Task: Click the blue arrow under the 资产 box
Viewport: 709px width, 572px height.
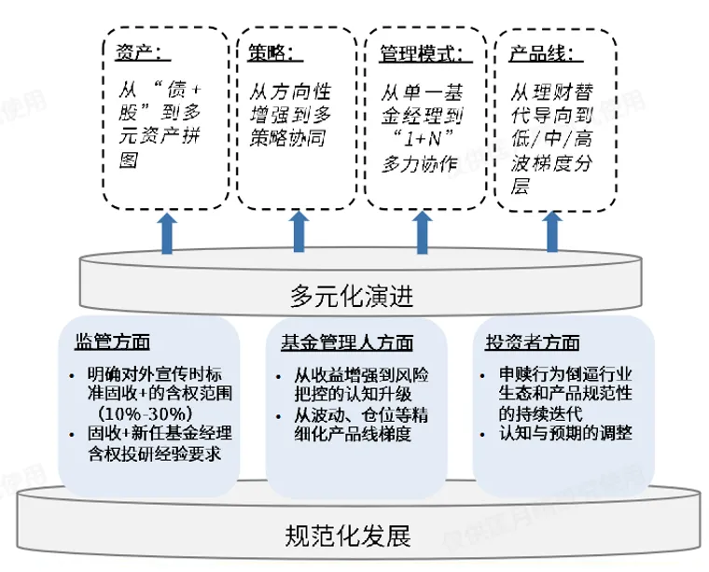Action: click(x=166, y=232)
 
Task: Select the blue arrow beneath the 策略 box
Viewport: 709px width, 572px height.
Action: click(x=299, y=232)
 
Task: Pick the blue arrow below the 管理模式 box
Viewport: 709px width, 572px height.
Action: click(x=425, y=232)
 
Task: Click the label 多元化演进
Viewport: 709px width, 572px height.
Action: click(x=351, y=297)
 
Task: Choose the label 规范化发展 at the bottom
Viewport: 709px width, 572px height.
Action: click(x=347, y=536)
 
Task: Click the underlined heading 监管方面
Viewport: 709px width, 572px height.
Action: click(x=111, y=342)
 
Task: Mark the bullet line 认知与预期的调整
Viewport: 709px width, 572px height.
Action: click(x=565, y=433)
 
